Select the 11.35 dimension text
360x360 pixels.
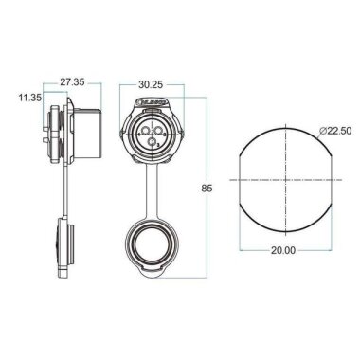point(27,97)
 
